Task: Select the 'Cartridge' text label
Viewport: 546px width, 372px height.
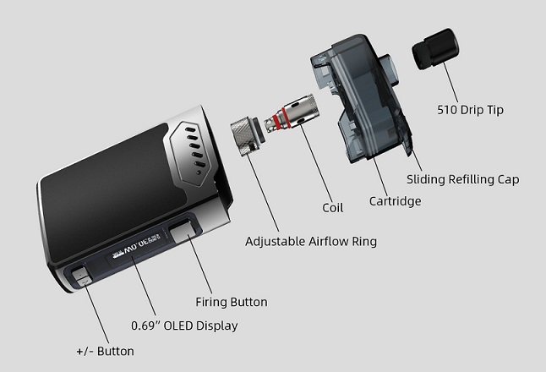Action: (x=395, y=201)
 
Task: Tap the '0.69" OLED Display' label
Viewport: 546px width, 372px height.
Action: (x=184, y=325)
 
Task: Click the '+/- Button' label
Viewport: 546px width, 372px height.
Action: (x=105, y=351)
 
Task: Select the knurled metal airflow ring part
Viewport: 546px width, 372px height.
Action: (x=246, y=139)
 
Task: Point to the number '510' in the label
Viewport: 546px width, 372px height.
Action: (x=448, y=110)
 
